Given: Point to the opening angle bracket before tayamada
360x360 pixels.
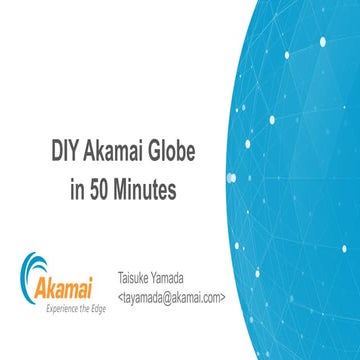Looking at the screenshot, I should pyautogui.click(x=120, y=297).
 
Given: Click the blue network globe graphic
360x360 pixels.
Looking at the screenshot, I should pyautogui.click(x=300, y=170).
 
